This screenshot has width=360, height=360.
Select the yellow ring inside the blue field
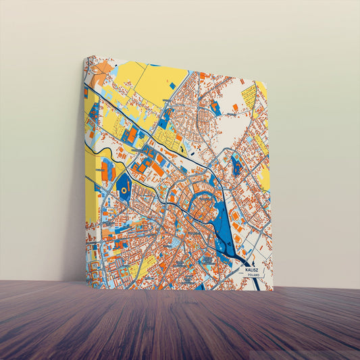pos(125,191)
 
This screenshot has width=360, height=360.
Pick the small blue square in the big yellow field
pos(172,85)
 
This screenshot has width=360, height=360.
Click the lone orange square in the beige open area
pos(235,107)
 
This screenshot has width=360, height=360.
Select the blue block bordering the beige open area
pos(215,106)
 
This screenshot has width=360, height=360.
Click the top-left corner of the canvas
pos(85,57)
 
